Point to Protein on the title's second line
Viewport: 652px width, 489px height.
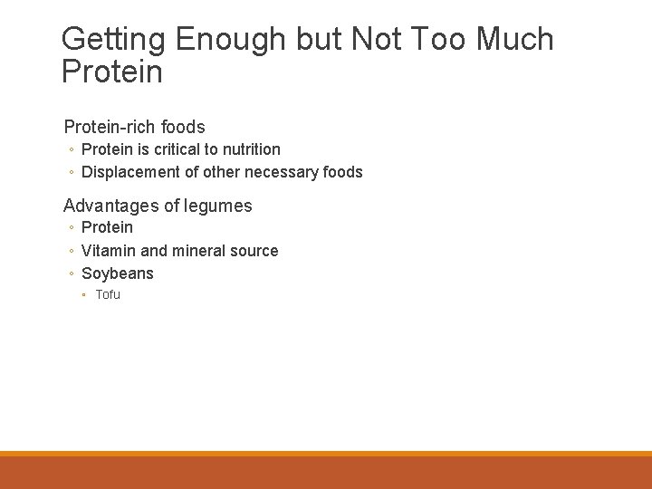112,72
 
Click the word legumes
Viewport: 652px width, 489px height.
218,206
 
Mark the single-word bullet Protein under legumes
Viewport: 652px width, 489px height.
107,227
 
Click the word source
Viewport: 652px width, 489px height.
255,251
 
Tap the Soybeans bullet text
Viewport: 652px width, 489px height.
118,273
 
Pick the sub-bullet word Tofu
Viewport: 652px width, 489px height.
108,294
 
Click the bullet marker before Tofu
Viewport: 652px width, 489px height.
83,295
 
